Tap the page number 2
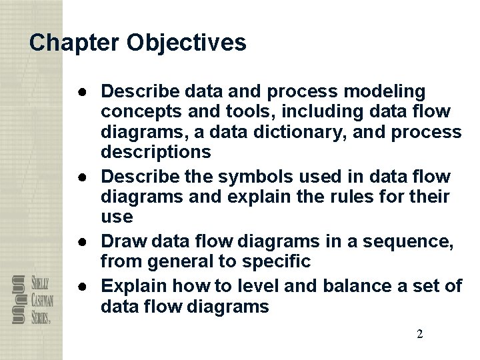tap(419, 334)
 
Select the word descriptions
tap(155, 153)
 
